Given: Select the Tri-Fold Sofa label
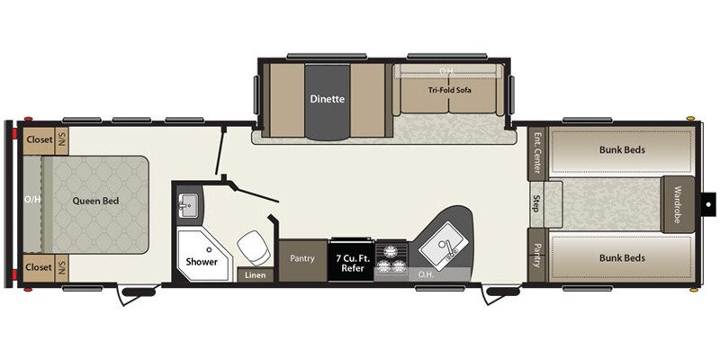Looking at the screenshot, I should point(450,90).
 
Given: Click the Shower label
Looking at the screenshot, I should point(202,262).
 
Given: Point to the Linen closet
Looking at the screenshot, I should point(255,275).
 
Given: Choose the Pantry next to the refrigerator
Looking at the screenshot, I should point(302,259).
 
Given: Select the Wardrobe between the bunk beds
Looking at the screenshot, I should point(678,202).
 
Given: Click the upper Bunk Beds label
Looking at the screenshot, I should point(622,149).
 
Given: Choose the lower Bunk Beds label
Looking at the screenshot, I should point(622,257).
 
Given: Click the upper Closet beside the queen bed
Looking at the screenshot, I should point(39,139).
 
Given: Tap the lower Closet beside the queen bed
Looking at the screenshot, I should point(39,267).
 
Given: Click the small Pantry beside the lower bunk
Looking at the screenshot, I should point(537,256).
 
